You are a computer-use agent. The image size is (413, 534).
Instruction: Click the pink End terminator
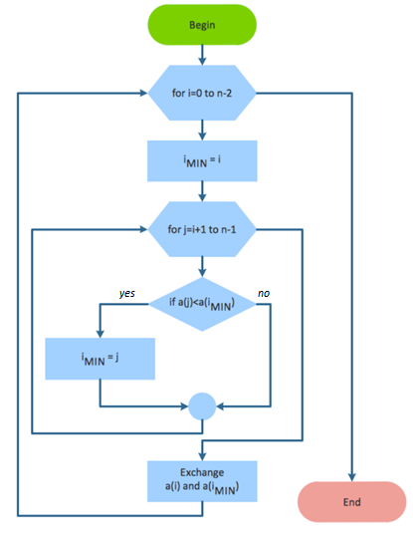coord(351,501)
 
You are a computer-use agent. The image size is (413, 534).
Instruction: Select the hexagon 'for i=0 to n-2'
coord(202,94)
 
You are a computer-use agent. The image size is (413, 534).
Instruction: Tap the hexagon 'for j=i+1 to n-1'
coord(202,230)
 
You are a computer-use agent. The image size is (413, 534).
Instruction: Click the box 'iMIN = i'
coord(202,157)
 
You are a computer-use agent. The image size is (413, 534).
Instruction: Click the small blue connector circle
coord(202,406)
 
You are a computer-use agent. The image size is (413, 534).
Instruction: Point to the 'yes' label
coord(127,295)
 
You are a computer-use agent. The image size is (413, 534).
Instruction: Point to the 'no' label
coord(265,295)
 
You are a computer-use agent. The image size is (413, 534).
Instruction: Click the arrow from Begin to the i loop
coord(202,56)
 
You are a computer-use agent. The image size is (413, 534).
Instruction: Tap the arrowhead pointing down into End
coord(351,477)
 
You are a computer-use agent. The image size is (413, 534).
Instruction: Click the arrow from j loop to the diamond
coord(202,264)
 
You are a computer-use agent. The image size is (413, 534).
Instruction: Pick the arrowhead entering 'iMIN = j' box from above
coord(100,333)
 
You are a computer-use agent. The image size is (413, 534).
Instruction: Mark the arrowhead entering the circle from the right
coord(221,406)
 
